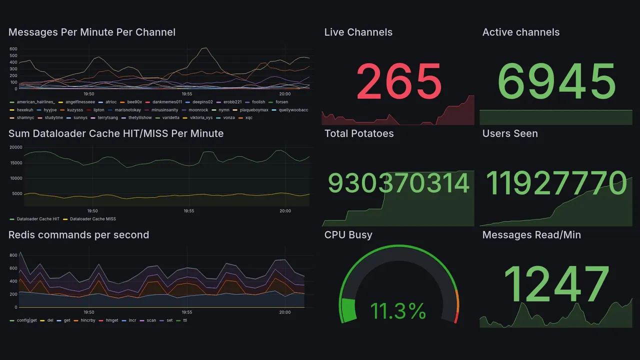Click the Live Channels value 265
click(399, 81)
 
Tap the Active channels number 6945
click(556, 81)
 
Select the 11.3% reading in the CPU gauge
click(398, 311)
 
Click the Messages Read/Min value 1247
click(556, 284)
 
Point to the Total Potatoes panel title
click(359, 133)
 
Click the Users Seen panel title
click(510, 133)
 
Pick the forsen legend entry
click(281, 102)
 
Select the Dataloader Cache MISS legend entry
click(93, 219)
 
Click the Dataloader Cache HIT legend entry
click(38, 219)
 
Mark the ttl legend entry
click(185, 320)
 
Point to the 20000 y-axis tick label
click(16, 147)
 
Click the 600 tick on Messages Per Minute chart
click(13, 49)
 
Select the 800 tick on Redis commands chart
click(13, 255)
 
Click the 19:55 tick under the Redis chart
click(186, 312)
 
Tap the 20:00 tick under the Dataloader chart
click(284, 211)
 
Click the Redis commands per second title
click(78, 235)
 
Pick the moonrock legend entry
click(198, 110)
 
